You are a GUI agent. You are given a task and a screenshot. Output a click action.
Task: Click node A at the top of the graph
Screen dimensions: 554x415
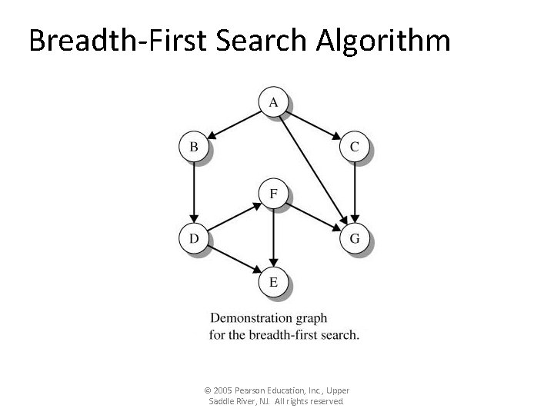pos(274,101)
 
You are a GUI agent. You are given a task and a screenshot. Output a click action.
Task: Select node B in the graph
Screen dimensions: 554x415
pos(194,146)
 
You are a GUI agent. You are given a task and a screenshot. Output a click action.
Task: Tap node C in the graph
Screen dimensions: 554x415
pos(354,146)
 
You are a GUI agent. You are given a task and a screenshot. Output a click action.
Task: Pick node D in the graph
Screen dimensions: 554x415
pos(194,238)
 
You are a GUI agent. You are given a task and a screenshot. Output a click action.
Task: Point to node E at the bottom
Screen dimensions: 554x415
pos(274,282)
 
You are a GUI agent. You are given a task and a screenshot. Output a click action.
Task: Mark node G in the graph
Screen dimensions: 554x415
pos(354,238)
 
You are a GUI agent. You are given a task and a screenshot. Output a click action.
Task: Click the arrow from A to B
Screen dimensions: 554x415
pos(234,124)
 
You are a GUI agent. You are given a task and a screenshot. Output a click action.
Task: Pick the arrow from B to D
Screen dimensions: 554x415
pos(194,192)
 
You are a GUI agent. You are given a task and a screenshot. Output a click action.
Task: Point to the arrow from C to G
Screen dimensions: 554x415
pos(354,192)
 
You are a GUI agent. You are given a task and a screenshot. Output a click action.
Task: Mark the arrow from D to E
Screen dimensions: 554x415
pos(234,260)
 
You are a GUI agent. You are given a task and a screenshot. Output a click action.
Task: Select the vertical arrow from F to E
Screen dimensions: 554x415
pos(274,238)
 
